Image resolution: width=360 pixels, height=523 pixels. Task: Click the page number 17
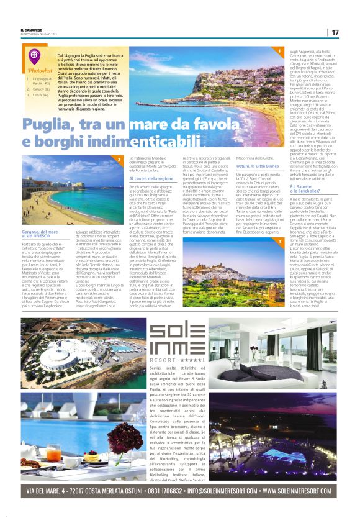coord(335,32)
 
